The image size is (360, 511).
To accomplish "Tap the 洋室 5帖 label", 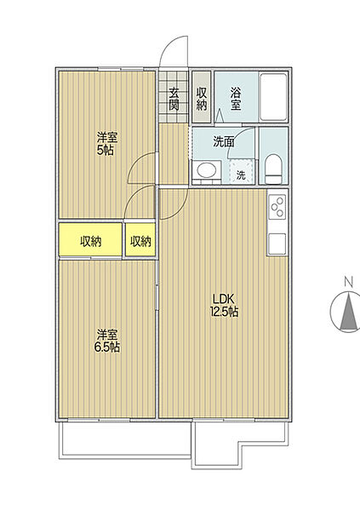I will click(x=107, y=143).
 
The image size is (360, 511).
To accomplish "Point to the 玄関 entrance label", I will click(x=174, y=99).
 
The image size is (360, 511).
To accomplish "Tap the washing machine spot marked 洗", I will click(x=241, y=175).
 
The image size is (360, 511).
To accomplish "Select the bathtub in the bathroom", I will click(x=273, y=99).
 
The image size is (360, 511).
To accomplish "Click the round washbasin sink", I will click(x=205, y=174).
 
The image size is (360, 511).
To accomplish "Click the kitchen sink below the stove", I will click(x=277, y=243).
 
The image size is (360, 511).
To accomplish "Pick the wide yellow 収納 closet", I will click(x=90, y=241).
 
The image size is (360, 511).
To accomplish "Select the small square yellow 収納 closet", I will click(x=140, y=241).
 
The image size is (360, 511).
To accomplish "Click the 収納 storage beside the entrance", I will click(x=202, y=98).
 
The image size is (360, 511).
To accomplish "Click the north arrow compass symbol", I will click(x=347, y=313).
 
